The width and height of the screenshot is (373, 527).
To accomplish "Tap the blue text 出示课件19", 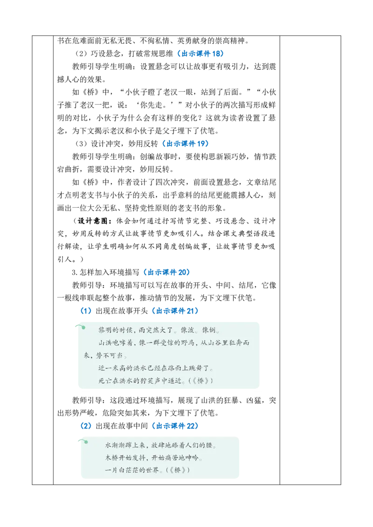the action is [186, 143].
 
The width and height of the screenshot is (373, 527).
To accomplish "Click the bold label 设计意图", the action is [93, 221].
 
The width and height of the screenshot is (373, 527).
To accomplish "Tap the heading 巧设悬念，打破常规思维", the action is [132, 54].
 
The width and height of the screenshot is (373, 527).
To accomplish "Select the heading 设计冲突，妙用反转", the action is [124, 143].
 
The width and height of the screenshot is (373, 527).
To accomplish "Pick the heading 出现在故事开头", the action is [122, 311].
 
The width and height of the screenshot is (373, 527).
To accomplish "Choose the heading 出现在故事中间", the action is [122, 426].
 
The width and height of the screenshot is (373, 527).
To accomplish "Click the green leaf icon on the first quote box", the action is [80, 326].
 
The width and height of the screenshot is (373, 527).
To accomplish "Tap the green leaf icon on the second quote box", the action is [83, 441].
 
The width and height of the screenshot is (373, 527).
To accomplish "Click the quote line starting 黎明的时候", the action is [159, 330].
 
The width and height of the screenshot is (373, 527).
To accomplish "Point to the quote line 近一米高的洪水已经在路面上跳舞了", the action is [156, 368].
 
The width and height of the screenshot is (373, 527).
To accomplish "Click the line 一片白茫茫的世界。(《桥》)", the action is [147, 470].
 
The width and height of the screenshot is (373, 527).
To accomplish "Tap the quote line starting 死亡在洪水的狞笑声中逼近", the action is [156, 381].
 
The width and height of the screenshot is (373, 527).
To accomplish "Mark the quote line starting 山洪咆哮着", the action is [166, 349].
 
